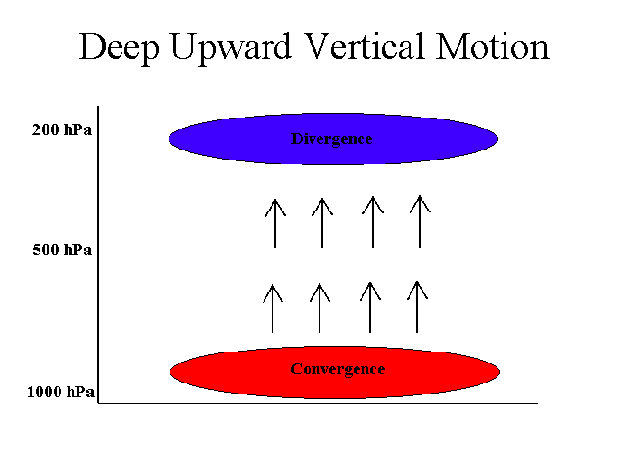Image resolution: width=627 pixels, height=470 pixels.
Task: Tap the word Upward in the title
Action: pos(231,49)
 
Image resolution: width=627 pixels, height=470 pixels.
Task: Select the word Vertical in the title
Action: pos(363,46)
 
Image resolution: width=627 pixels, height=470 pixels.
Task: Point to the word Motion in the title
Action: pos(492,46)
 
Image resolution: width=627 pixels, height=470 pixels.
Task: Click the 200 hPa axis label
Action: pos(62,130)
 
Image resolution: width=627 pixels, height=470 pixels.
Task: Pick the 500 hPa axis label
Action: pos(62,250)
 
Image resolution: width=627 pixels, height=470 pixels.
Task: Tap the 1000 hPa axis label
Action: pos(61,391)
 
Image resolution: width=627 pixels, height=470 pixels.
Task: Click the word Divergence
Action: pos(331,139)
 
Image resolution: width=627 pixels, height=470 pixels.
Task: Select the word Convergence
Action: pos(337,369)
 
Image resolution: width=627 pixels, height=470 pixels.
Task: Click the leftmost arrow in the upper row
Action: pos(275,223)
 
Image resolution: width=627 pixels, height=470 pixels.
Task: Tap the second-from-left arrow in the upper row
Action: pos(322,222)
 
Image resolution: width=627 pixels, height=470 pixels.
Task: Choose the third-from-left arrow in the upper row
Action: pos(373,221)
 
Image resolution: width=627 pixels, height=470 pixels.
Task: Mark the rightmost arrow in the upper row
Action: pos(420,221)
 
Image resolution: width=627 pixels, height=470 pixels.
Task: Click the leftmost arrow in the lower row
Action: pos(272,308)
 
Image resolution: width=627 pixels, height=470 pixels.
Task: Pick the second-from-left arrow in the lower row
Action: pos(320,307)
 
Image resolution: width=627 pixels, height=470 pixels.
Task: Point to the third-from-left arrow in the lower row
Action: pos(370,307)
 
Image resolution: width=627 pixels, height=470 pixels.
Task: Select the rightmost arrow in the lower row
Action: pos(417,306)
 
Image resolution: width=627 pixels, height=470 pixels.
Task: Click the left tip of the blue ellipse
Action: pos(169,139)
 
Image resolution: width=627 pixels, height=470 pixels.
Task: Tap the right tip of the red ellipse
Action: pos(500,372)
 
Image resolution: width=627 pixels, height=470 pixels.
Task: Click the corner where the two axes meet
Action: pos(98,403)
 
